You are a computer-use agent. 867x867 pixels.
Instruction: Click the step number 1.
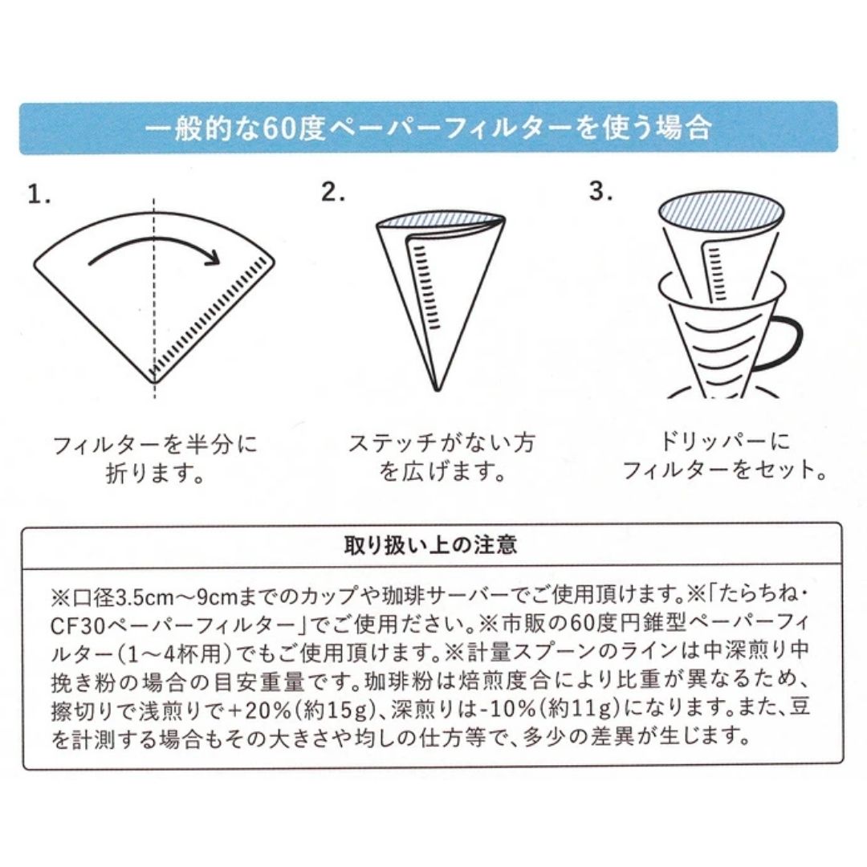(x=39, y=194)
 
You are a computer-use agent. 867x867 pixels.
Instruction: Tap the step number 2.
(x=333, y=192)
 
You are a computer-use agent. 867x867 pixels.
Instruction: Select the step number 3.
(x=601, y=191)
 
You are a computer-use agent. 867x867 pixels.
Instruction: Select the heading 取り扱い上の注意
(x=431, y=545)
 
